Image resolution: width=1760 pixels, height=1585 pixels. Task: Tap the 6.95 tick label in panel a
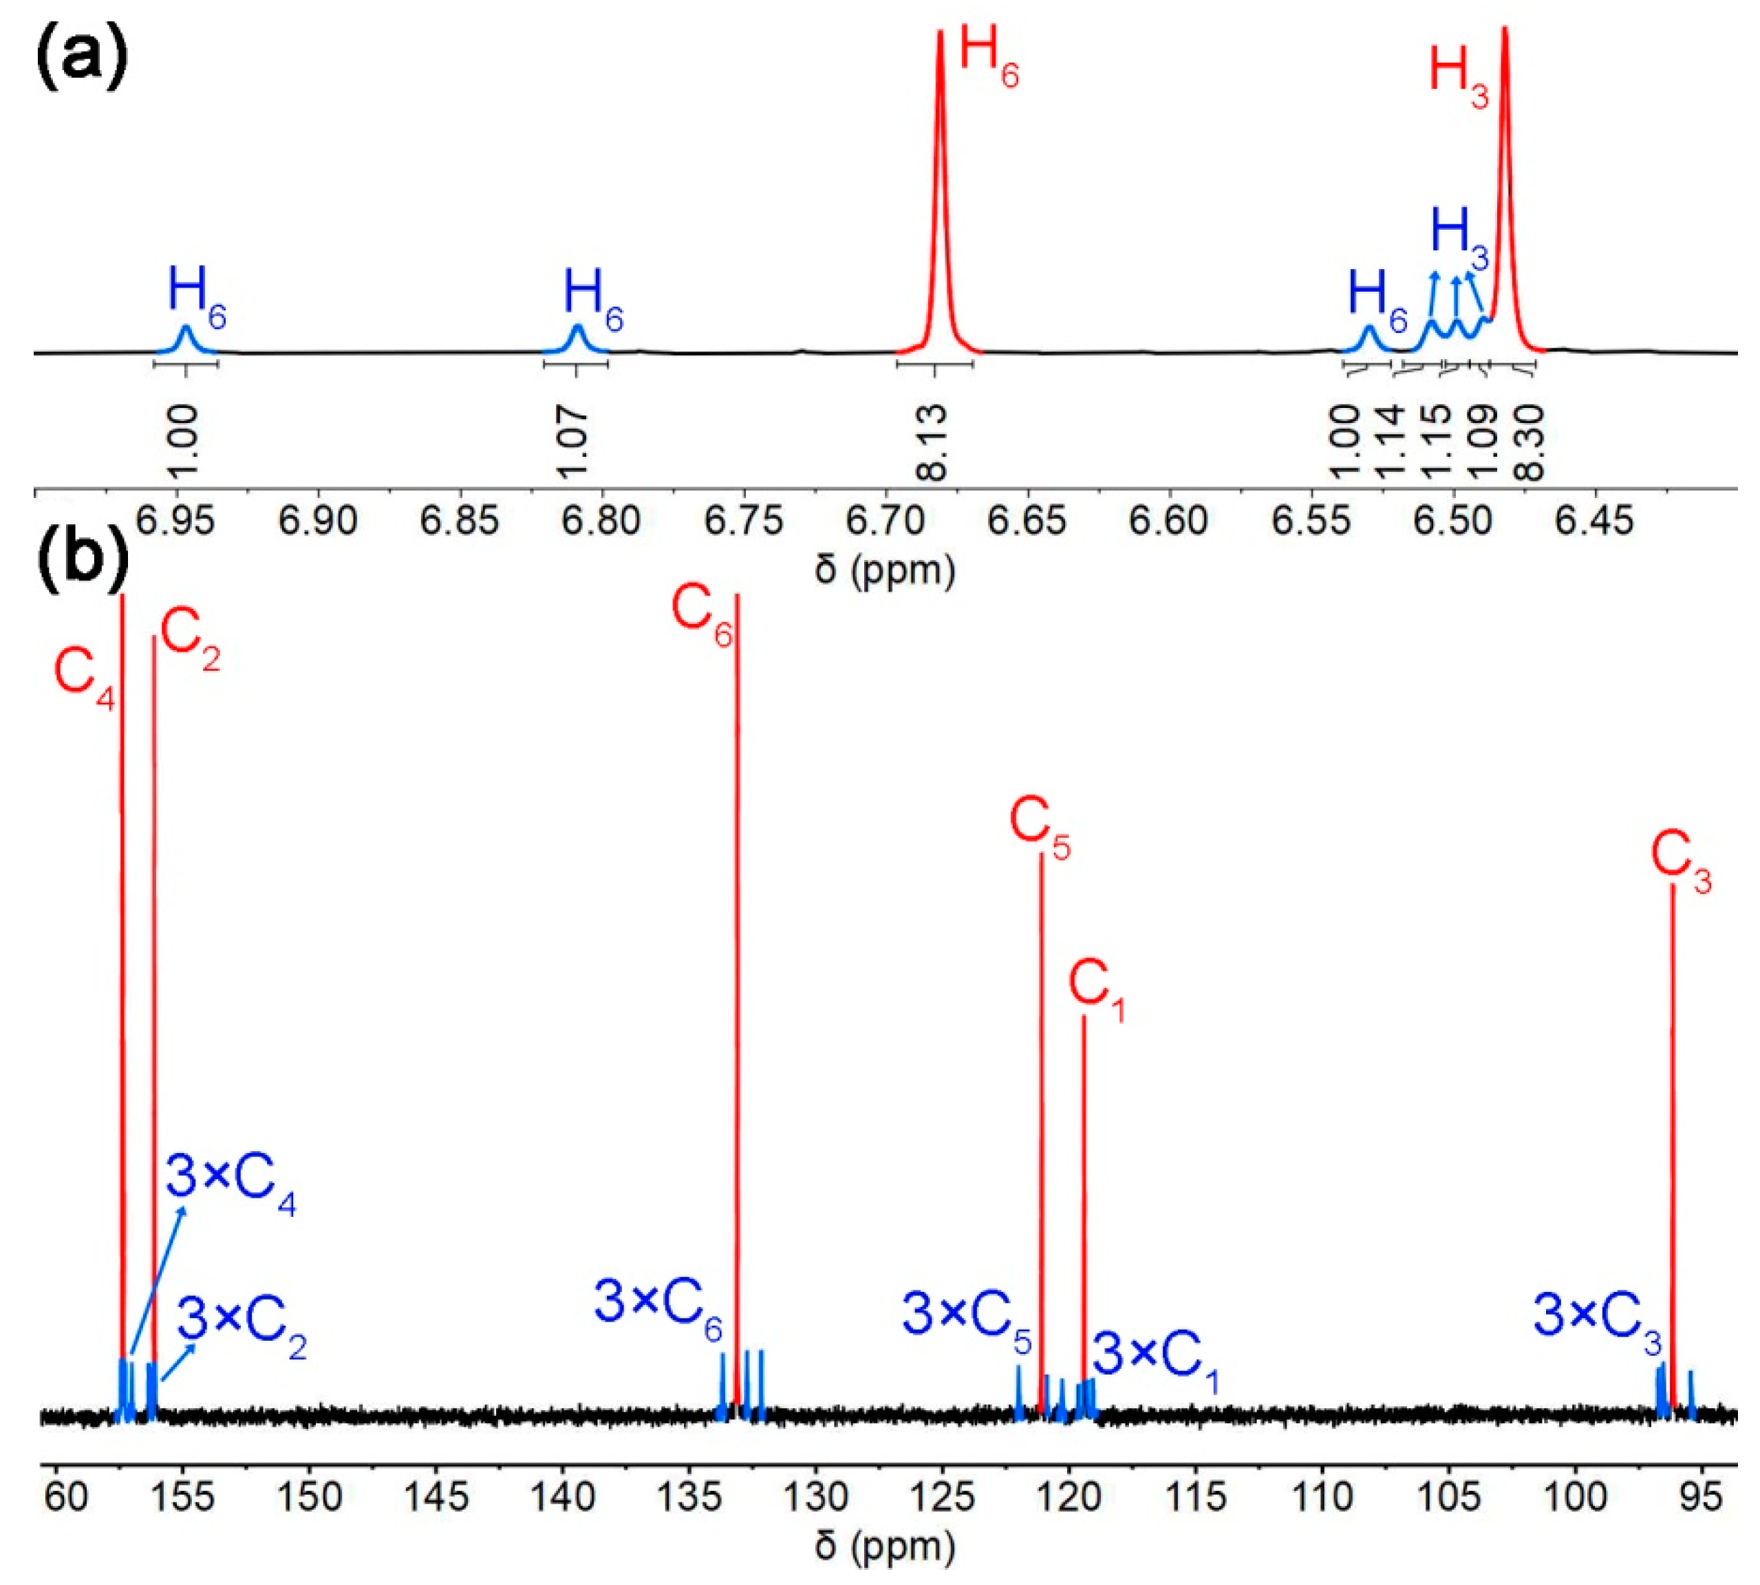point(177,520)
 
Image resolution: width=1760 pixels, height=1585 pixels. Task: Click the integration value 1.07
point(573,442)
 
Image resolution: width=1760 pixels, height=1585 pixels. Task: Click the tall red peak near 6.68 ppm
point(940,174)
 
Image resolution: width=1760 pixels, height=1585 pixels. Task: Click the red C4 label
point(84,678)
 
